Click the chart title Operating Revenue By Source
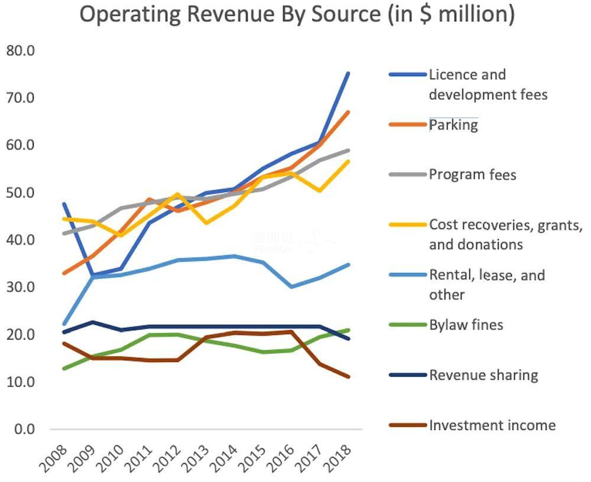297,15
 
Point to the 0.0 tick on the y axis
24,429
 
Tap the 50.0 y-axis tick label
21,193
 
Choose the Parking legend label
453,125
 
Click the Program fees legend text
472,175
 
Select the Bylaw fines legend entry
466,325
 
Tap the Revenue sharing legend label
483,375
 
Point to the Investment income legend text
492,425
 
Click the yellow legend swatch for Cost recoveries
407,224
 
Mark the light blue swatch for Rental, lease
407,275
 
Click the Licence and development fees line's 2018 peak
348,73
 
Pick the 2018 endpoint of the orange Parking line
348,112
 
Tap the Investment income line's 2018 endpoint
348,377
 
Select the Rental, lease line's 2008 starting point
64,324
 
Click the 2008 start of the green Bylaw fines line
64,369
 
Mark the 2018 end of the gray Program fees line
348,150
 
